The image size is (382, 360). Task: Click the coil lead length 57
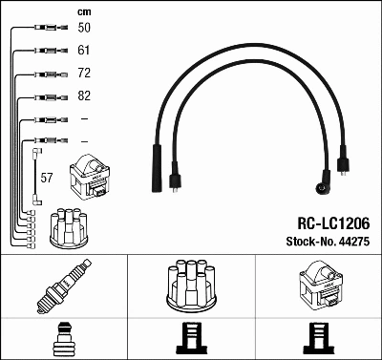tap(47, 178)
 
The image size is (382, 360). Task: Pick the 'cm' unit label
tap(83, 11)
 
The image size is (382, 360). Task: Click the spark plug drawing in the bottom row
tap(63, 287)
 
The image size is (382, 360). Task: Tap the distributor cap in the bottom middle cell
tap(191, 286)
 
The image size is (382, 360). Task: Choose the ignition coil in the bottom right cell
tap(317, 287)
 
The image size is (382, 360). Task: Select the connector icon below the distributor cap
tap(191, 339)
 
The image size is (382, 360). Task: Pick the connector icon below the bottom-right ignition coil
tap(317, 339)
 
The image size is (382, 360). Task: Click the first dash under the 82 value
tap(83, 118)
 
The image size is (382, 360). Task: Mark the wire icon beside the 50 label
tap(46, 29)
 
